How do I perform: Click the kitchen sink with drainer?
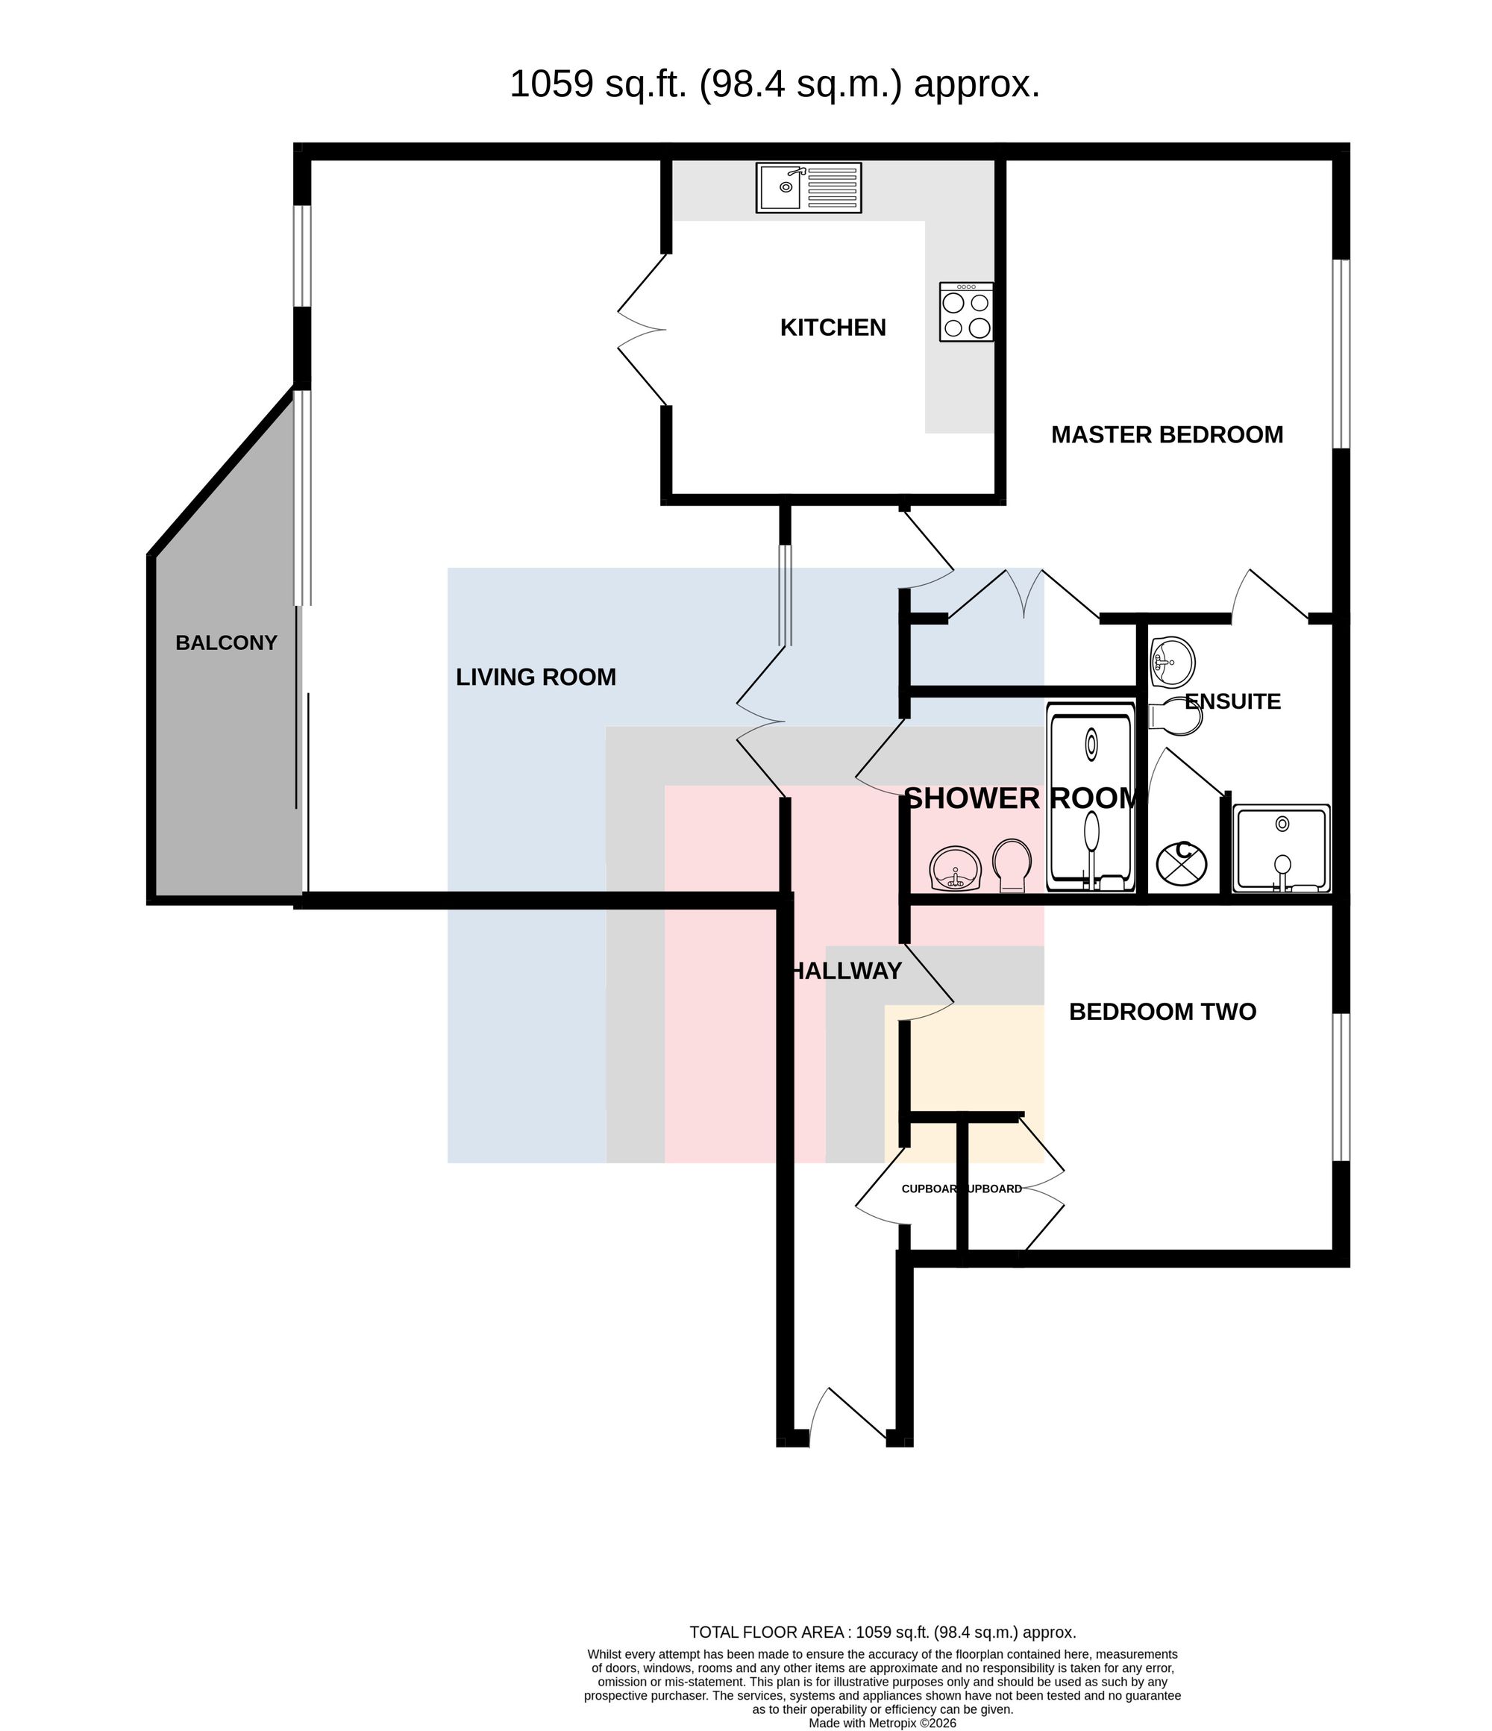coord(808,187)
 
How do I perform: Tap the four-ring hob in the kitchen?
coord(966,312)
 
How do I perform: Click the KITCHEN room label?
coord(833,328)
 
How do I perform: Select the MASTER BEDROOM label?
coord(1167,434)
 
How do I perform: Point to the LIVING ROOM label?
coord(536,677)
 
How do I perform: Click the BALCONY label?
coord(225,642)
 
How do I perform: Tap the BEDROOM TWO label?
coord(1162,1012)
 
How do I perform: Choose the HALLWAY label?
coord(846,971)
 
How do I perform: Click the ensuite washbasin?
coord(1172,663)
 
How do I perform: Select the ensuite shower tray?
coord(1282,849)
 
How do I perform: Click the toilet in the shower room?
coord(1012,865)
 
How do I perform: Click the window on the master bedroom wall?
coord(1341,354)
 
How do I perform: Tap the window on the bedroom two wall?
coord(1341,1087)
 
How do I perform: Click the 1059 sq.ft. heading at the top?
coord(774,84)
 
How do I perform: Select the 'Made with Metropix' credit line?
coord(883,1723)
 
